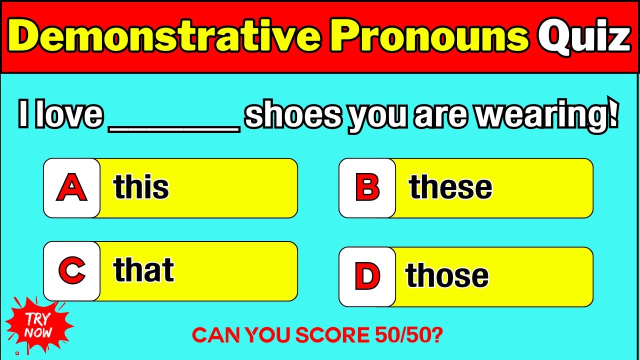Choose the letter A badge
pyautogui.click(x=71, y=188)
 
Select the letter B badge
pyautogui.click(x=367, y=188)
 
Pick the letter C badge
pyautogui.click(x=71, y=271)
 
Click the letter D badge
pyautogui.click(x=367, y=276)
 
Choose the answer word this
pyautogui.click(x=141, y=187)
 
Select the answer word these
pyautogui.click(x=450, y=187)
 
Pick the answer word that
pyautogui.click(x=144, y=270)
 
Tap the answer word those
pyautogui.click(x=447, y=275)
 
